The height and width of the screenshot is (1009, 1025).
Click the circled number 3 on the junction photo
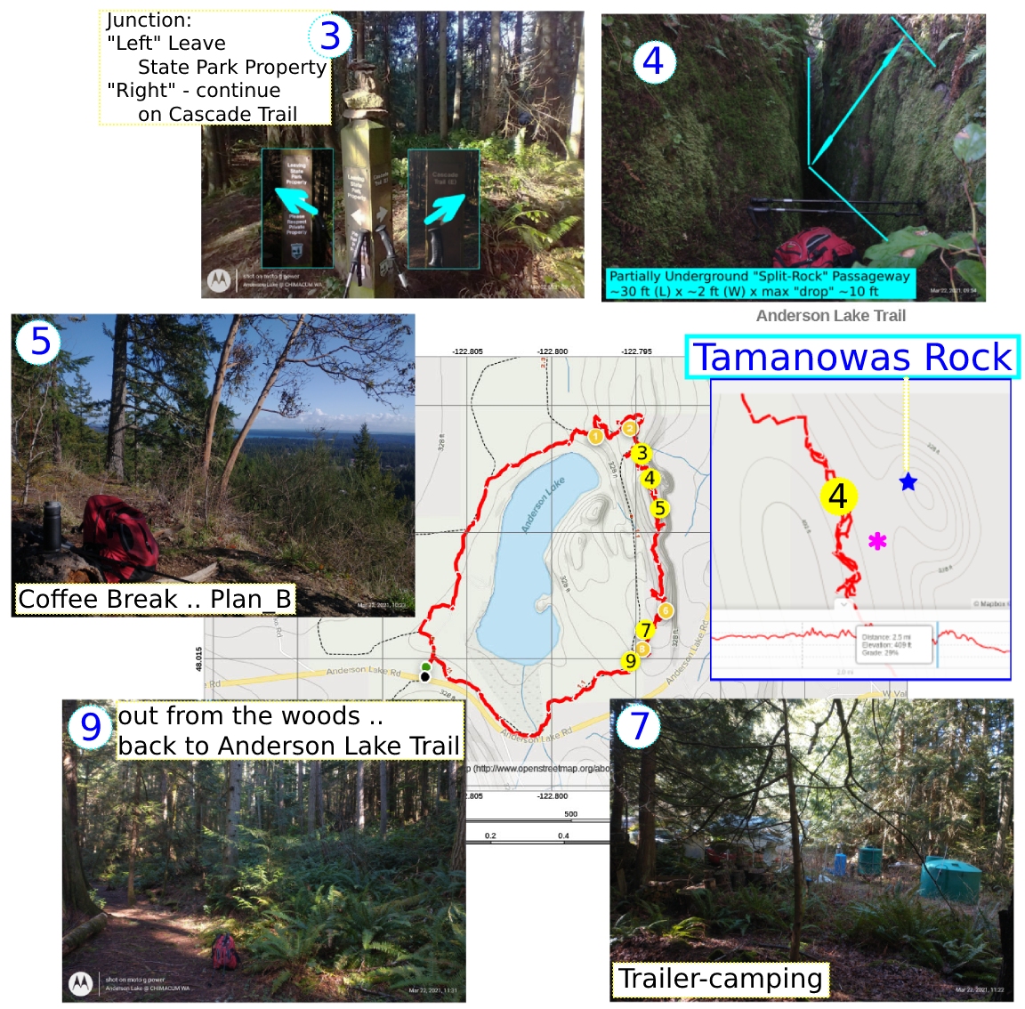tap(330, 36)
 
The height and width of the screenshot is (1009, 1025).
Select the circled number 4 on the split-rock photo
tap(654, 61)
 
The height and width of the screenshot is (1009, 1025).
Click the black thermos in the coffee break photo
tap(52, 525)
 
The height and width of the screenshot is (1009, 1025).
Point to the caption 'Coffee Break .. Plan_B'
tap(155, 599)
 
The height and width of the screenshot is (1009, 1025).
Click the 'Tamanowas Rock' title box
tap(852, 358)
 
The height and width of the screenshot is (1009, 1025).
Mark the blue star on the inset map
tap(908, 482)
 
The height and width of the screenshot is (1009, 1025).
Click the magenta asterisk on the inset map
tap(877, 541)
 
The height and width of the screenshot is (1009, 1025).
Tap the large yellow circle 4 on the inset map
tap(837, 496)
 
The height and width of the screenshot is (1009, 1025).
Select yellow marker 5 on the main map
tap(659, 509)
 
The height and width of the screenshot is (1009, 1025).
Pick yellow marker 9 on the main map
tap(631, 660)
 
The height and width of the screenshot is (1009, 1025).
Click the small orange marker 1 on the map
tap(595, 436)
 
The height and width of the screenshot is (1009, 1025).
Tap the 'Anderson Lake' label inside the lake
tap(543, 505)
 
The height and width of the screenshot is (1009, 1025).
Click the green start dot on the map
tap(426, 666)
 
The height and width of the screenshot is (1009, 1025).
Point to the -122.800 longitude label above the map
tap(552, 351)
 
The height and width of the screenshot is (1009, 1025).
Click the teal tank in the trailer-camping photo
tap(948, 878)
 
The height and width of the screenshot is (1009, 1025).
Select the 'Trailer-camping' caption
tap(720, 979)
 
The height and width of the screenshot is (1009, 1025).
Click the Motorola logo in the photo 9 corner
tap(81, 983)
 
